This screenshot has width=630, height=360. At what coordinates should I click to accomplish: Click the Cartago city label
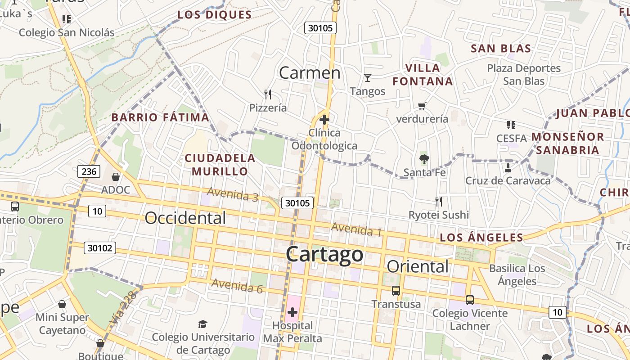pos(324,254)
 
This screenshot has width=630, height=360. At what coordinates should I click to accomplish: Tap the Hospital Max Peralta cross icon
pos(292,312)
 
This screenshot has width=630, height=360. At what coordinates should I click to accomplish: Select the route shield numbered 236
pos(89,171)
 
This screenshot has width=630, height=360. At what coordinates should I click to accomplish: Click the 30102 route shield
pos(99,248)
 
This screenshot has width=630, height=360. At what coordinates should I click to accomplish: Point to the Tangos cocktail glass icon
pos(368,78)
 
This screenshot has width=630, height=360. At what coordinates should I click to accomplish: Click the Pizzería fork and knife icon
pos(268,94)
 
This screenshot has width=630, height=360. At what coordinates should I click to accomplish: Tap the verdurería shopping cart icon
pos(422,106)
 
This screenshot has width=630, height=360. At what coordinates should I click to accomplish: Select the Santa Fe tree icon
pos(423,159)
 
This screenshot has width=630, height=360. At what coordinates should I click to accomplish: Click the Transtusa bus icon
pos(396,291)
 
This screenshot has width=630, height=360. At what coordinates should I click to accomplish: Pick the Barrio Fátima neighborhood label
pos(160,117)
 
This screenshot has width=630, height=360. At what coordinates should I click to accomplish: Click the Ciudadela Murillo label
pos(220,165)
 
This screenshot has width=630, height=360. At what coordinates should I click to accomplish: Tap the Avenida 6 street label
pos(237,286)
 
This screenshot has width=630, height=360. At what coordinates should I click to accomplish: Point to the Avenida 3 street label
pos(232,194)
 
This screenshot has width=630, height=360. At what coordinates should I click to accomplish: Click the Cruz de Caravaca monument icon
pos(508,168)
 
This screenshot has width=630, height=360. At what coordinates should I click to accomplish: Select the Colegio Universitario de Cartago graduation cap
pos(203,324)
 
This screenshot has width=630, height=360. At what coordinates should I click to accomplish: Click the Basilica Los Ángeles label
pos(517,275)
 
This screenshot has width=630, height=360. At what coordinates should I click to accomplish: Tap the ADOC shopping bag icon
pos(116,177)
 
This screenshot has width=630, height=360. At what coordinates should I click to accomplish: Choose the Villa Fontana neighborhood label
pos(423,75)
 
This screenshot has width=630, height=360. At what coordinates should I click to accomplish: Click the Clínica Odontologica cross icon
pos(324,120)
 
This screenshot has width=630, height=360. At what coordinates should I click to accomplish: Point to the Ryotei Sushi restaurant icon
pos(439,201)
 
